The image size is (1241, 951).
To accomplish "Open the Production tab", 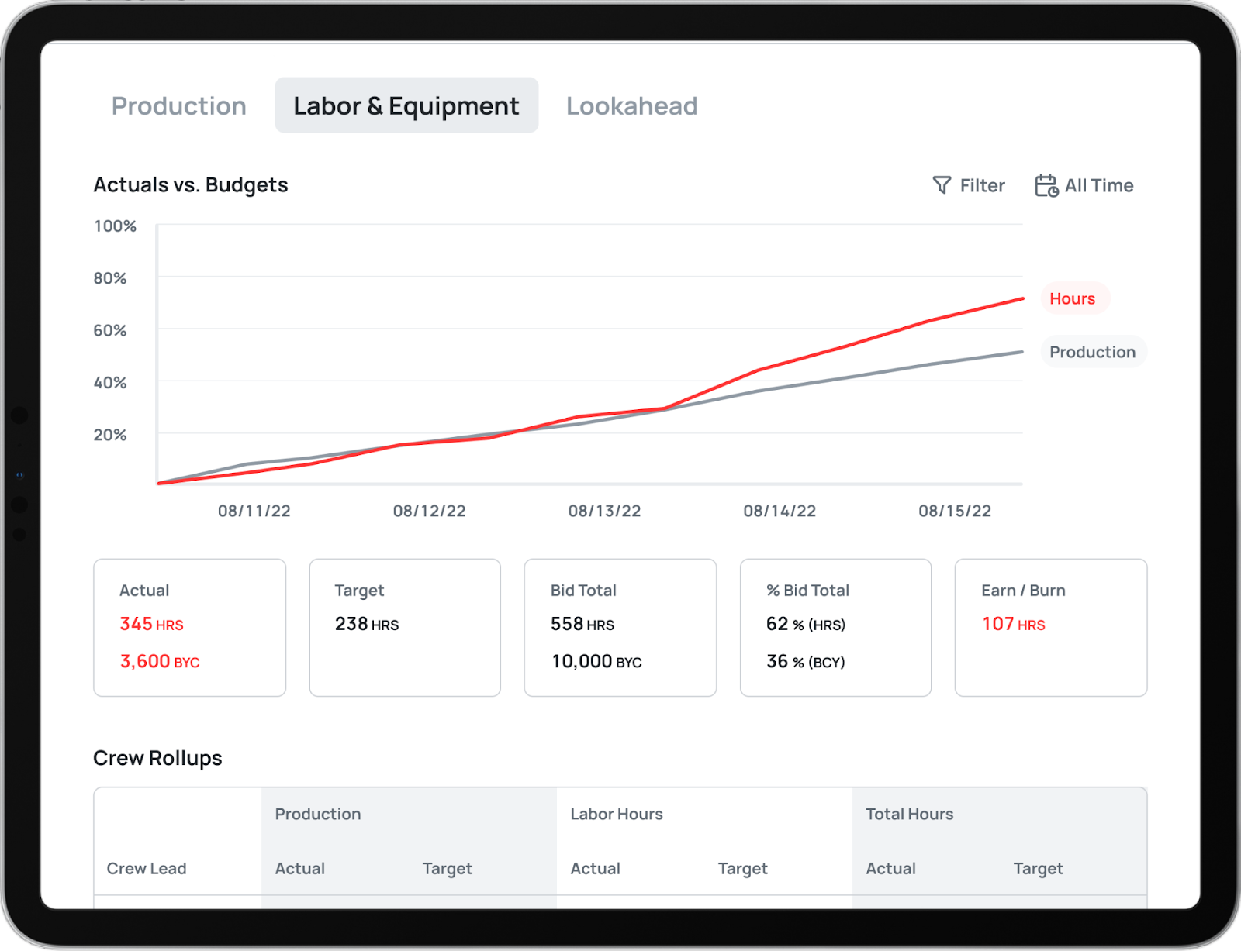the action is (178, 105).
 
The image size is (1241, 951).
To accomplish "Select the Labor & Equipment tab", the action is (406, 105).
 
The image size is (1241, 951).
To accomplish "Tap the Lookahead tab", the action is (631, 105).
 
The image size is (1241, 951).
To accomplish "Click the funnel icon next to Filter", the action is (942, 184).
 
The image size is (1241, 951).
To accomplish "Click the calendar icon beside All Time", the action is (1046, 185).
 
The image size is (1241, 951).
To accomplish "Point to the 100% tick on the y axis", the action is (116, 226).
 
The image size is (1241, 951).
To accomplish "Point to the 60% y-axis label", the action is (110, 330).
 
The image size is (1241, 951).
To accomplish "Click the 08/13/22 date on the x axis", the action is (604, 511).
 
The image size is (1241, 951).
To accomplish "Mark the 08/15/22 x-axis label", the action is (954, 511).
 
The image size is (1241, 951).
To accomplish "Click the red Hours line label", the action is (1073, 298).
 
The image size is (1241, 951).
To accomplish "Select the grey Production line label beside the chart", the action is (1093, 352).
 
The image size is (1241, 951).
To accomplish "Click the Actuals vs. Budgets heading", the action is (191, 184).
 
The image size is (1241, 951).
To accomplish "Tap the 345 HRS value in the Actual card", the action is (151, 624).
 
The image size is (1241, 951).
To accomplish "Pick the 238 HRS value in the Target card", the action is (367, 624).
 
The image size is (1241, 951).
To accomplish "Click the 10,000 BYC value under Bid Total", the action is (596, 661).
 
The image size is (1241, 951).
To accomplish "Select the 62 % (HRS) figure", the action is (805, 624).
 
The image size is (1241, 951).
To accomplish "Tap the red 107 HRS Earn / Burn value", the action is (1013, 624).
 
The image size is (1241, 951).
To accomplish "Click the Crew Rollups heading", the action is (157, 757).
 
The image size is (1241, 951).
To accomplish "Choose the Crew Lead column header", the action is (147, 868).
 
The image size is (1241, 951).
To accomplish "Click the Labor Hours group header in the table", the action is (617, 814).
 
